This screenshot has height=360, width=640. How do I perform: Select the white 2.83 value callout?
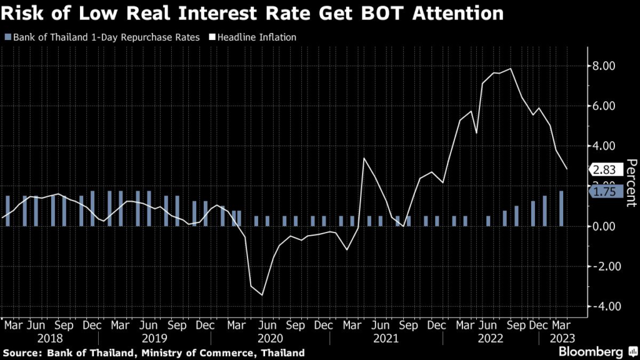point(606,169)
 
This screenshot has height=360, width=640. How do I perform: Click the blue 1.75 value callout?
point(606,192)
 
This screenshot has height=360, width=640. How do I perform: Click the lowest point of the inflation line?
point(262,295)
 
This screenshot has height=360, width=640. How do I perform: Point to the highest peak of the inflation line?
point(511,69)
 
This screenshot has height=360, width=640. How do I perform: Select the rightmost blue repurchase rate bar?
point(561,209)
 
